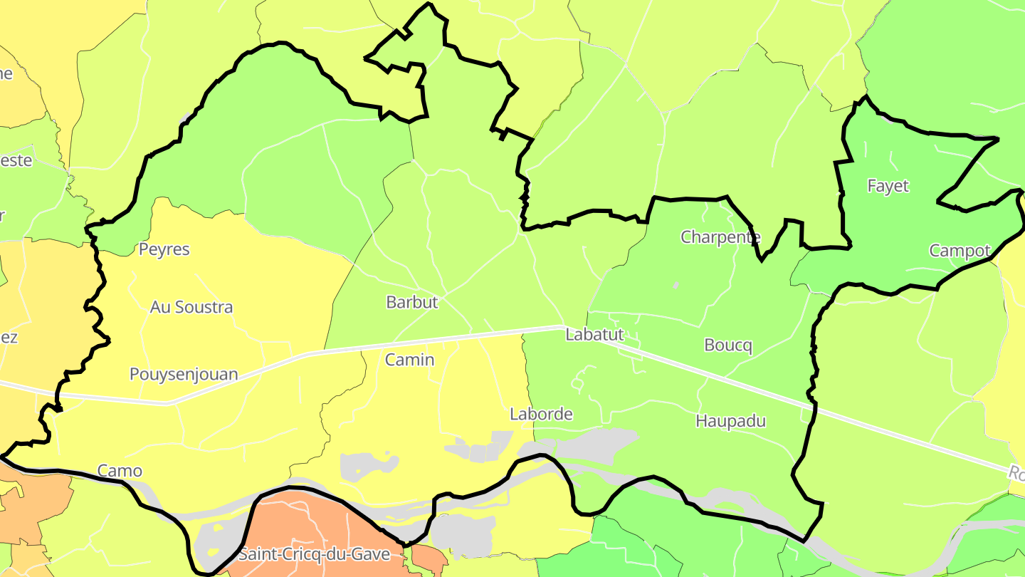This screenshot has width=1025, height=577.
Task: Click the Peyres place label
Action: [x=164, y=249]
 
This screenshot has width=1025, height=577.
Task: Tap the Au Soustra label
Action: [x=191, y=307]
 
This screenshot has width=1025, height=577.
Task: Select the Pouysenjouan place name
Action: [x=184, y=374]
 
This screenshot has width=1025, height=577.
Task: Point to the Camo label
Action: [x=120, y=471]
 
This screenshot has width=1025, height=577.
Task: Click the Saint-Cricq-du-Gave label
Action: [x=314, y=553]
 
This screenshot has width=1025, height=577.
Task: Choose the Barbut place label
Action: [x=412, y=302]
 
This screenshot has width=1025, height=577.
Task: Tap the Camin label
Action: [x=409, y=360]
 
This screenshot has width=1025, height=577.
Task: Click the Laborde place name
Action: [x=541, y=414]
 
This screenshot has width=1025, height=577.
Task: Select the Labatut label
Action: [x=594, y=334]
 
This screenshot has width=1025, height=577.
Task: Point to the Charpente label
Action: [x=720, y=237]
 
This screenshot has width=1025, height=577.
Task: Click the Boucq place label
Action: [x=727, y=345]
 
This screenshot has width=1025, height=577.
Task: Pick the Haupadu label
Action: [x=730, y=421]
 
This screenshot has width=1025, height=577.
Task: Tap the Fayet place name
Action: [x=888, y=186]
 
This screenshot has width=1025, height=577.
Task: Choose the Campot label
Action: [x=960, y=251]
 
